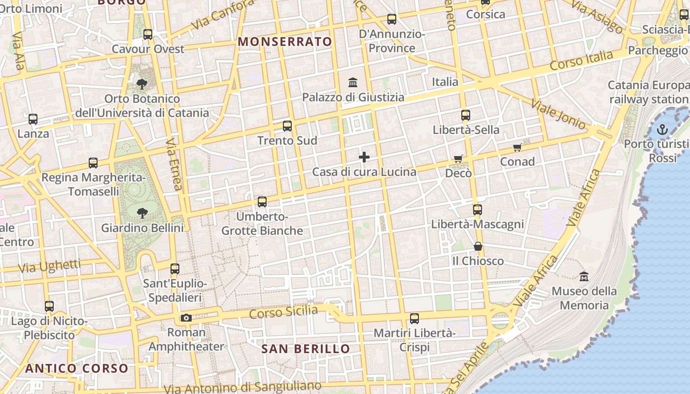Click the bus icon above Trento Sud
(287, 126)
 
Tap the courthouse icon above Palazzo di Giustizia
(353, 82)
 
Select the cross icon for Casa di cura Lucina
(364, 157)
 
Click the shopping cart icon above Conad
(517, 147)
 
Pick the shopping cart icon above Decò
(458, 159)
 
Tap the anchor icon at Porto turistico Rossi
(662, 130)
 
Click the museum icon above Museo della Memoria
(584, 276)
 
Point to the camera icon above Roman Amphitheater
(186, 318)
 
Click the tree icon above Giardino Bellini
(142, 213)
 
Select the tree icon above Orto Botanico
(142, 84)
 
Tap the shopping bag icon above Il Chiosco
(478, 246)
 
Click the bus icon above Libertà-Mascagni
(477, 210)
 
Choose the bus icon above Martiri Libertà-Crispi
(414, 319)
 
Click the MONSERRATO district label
(285, 42)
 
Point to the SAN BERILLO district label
(306, 349)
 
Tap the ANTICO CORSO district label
(76, 368)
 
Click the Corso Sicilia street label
(283, 312)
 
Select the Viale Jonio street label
(558, 114)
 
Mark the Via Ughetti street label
(49, 266)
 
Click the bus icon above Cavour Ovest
(147, 34)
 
